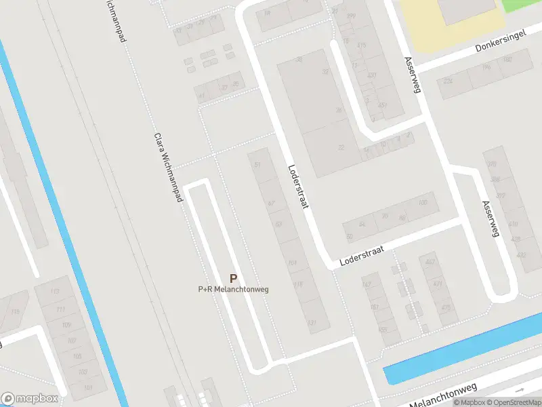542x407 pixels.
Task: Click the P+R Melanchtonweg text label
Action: point(233,290)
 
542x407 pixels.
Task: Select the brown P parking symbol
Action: point(234,278)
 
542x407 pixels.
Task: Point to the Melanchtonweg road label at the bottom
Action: point(444,395)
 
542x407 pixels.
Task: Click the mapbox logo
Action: point(30,399)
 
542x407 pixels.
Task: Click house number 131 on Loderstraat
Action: point(312,323)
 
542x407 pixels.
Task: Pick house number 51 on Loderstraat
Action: point(257,165)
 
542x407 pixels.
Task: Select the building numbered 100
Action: point(424,203)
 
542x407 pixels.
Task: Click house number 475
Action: point(445,307)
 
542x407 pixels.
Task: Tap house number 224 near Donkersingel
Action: point(447,80)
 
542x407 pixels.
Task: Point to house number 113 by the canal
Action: point(55,292)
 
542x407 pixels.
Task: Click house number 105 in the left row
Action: point(77,357)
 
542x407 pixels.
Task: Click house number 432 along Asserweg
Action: point(521,255)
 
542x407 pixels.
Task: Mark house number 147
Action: point(367,284)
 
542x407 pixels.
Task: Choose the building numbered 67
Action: point(272,203)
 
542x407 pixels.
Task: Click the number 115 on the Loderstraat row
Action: point(297,284)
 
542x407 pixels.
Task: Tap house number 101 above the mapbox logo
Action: point(88,387)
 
